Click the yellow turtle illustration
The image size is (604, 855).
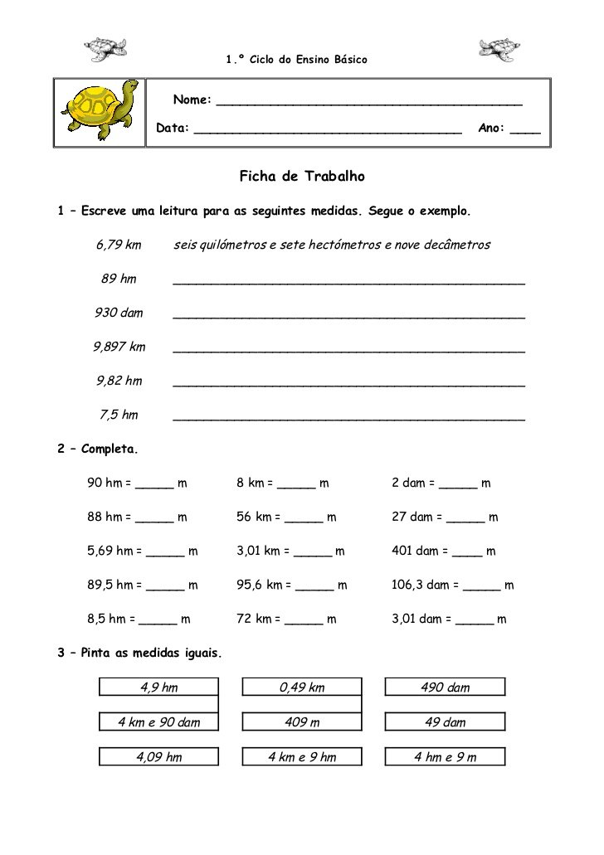pyautogui.click(x=100, y=113)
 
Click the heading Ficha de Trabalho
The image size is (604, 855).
pyautogui.click(x=302, y=177)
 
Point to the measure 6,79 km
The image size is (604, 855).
pyautogui.click(x=119, y=245)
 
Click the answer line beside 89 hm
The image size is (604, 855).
pyautogui.click(x=348, y=283)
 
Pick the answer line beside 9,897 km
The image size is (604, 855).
pyautogui.click(x=348, y=351)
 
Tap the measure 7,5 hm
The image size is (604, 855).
pyautogui.click(x=119, y=415)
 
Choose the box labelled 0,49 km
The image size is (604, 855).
pyautogui.click(x=302, y=687)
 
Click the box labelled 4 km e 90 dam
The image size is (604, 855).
pyautogui.click(x=158, y=721)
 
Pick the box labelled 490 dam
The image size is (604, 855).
pyautogui.click(x=445, y=687)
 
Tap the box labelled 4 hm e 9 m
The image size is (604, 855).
pyautogui.click(x=445, y=756)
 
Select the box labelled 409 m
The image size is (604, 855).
pyautogui.click(x=302, y=721)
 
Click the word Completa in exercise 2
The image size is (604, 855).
pyautogui.click(x=109, y=449)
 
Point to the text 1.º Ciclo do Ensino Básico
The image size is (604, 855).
pyautogui.click(x=296, y=60)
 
